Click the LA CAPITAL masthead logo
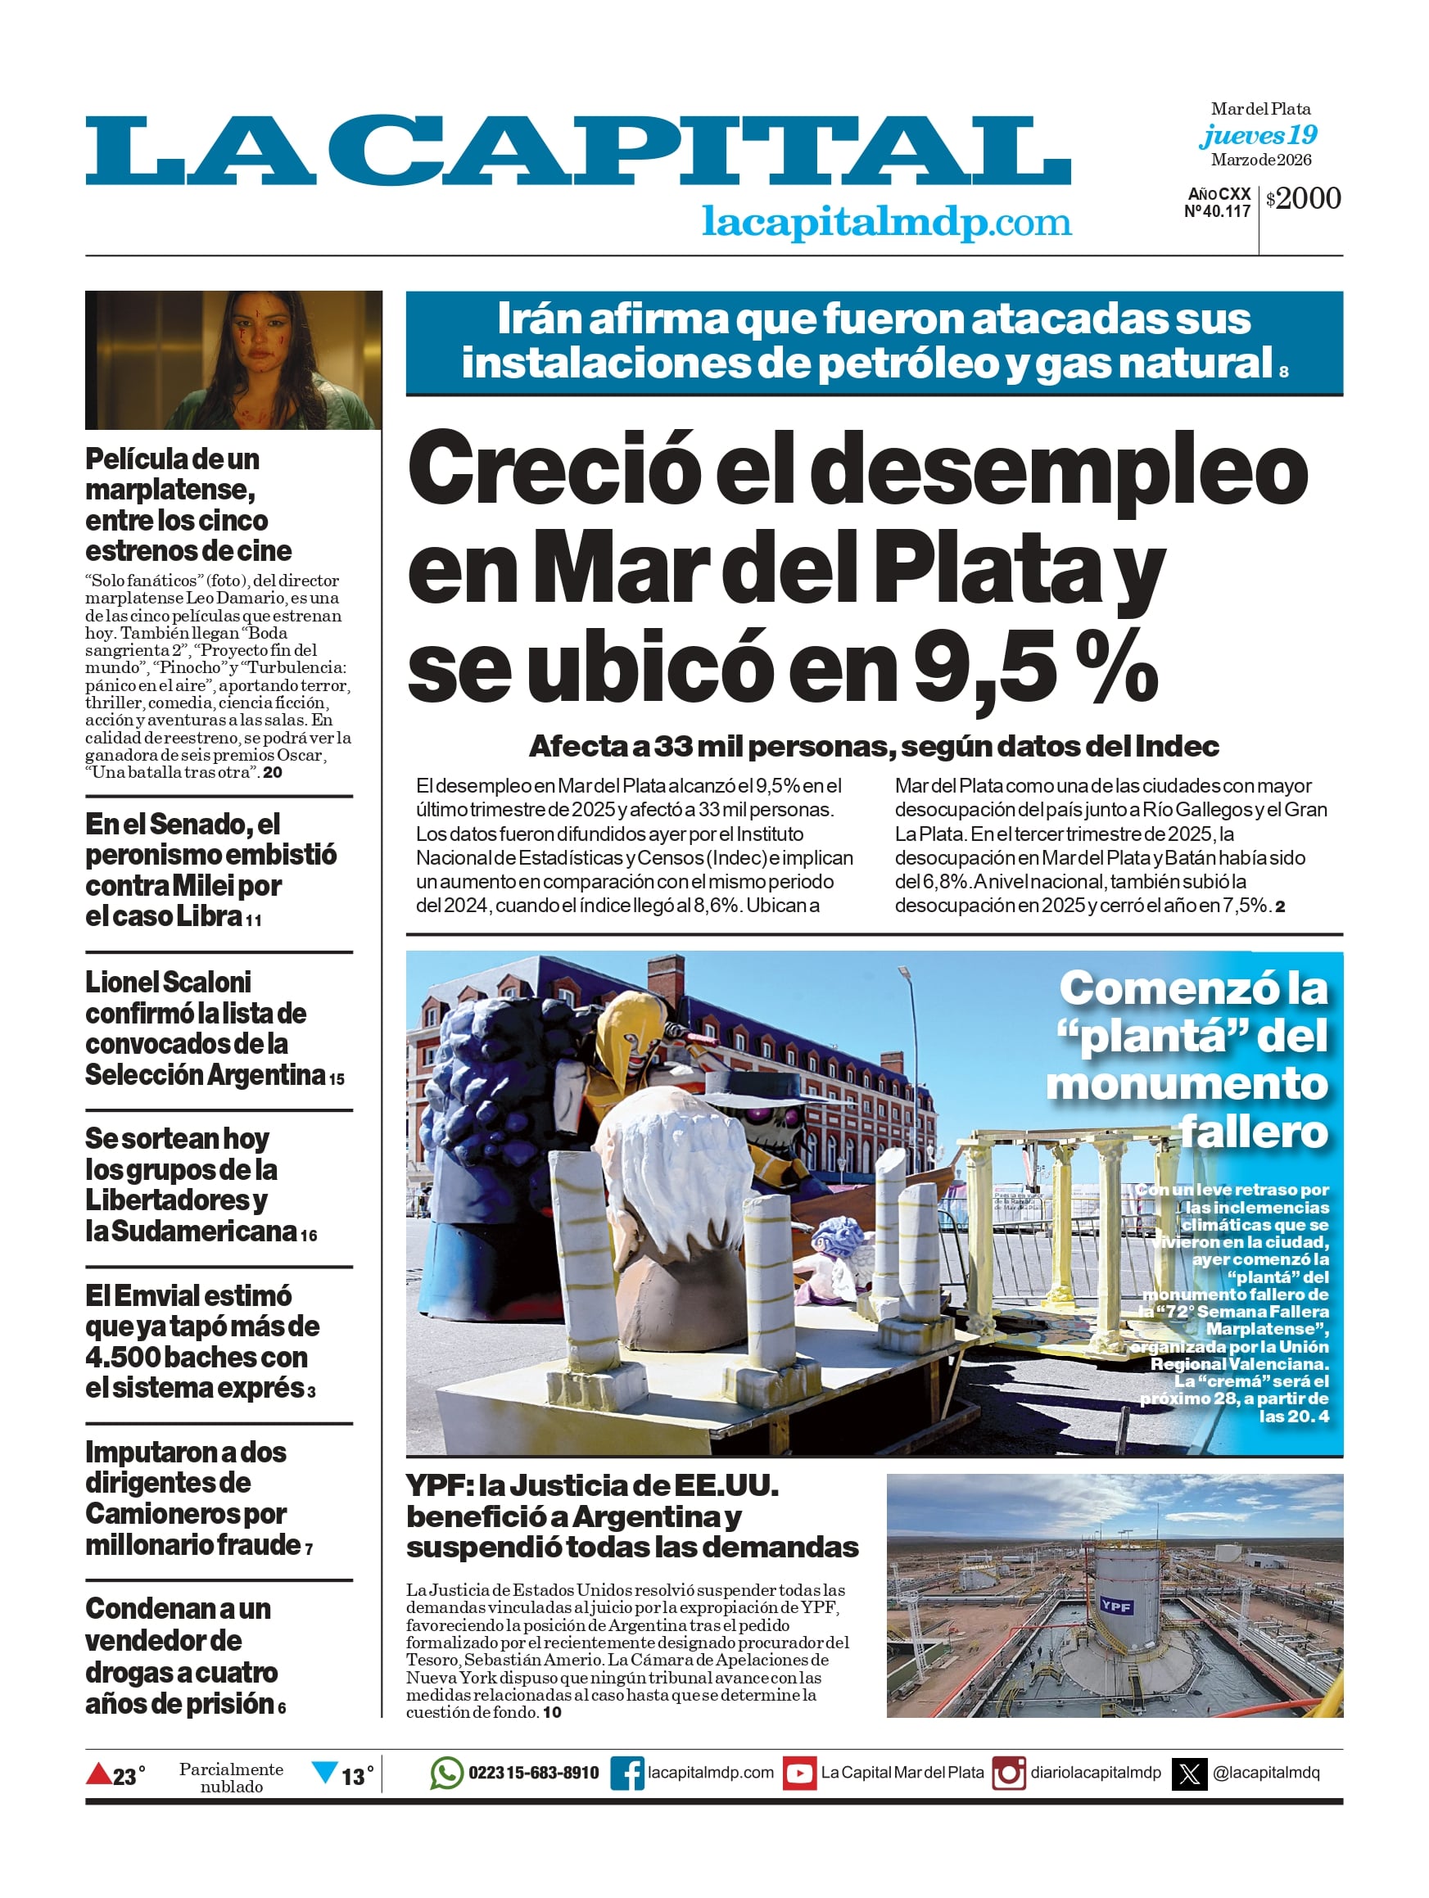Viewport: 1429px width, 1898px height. (577, 151)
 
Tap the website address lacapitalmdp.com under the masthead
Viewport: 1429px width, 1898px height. (886, 221)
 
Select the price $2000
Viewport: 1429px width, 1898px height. (1303, 198)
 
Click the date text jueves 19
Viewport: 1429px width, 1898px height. (1258, 135)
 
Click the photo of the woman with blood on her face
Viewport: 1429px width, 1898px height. (233, 359)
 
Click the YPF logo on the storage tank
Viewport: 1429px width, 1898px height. (1115, 1606)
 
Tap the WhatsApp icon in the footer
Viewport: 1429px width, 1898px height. (446, 1773)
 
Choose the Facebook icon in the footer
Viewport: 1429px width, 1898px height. (627, 1773)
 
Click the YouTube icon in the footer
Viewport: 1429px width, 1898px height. (799, 1773)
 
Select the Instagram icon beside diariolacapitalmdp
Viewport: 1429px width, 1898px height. (1008, 1773)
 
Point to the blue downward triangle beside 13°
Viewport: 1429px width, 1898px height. (324, 1771)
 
